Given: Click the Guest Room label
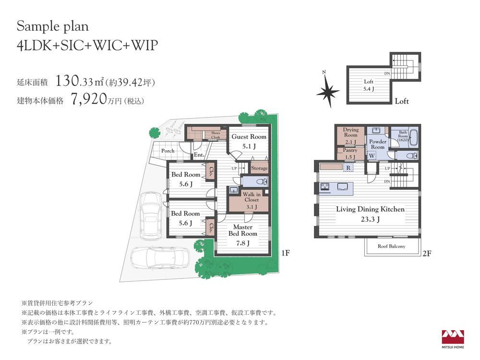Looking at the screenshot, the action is [x=249, y=136].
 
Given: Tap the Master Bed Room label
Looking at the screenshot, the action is [x=243, y=230].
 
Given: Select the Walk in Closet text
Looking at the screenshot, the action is [x=252, y=197].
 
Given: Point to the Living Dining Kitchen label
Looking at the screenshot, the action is [x=370, y=209].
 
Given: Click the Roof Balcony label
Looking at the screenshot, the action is [x=391, y=246].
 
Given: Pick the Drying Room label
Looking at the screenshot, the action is [x=350, y=132].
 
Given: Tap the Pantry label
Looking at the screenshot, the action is [x=350, y=150].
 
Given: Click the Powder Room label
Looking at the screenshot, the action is [x=378, y=144].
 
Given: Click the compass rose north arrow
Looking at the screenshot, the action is [x=327, y=90].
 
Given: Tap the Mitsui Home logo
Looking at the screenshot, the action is [x=453, y=339].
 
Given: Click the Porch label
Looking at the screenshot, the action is [x=168, y=151].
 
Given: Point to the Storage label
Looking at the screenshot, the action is [x=259, y=168].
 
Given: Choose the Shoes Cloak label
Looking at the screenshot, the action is [x=216, y=135].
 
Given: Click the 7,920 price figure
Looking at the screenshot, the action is [x=88, y=99].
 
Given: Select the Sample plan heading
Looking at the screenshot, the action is [x=53, y=26].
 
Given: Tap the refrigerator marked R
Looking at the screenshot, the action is [x=348, y=168].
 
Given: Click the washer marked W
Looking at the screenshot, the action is [x=372, y=156].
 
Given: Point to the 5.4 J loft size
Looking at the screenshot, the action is [x=368, y=89].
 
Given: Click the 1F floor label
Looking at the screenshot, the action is [x=285, y=253].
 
